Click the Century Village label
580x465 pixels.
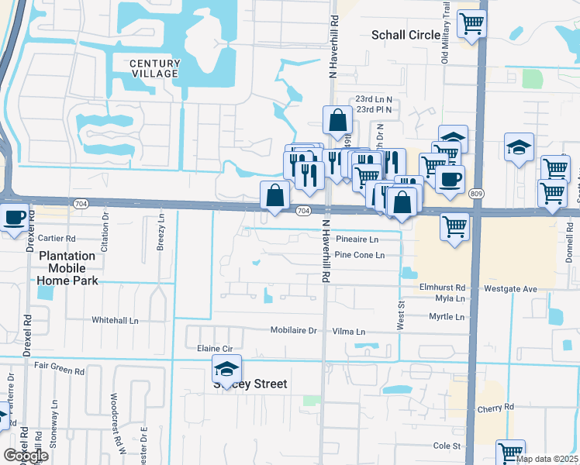point(154,68)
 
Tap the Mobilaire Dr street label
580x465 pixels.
point(294,330)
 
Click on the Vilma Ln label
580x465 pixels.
point(348,331)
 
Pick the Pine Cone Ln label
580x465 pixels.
point(359,255)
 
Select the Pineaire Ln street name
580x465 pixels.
point(357,240)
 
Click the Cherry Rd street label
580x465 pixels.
point(496,408)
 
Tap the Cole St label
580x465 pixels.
point(447,446)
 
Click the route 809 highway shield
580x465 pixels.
point(476,193)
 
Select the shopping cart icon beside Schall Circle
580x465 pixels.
point(471,23)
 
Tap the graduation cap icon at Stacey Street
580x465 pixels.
point(226,369)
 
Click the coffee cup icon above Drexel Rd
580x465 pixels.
point(14,218)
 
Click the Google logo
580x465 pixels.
point(26,456)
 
